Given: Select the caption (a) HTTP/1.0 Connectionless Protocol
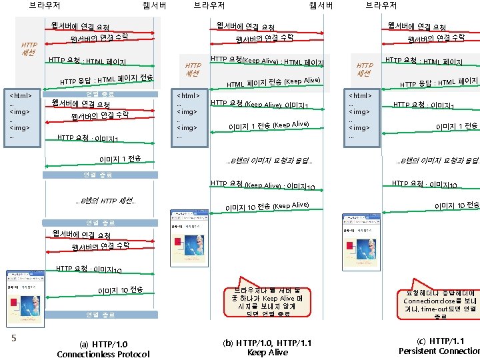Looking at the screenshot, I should [x=103, y=349].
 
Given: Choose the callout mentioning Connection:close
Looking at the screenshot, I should [x=439, y=303].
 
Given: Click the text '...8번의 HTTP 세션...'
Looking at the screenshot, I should [x=106, y=201].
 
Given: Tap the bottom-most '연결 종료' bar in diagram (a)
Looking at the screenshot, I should [x=101, y=314].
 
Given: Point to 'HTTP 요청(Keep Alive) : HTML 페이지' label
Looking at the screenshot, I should [x=267, y=61].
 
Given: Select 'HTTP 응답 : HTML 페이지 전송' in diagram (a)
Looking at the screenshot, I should [x=107, y=80].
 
